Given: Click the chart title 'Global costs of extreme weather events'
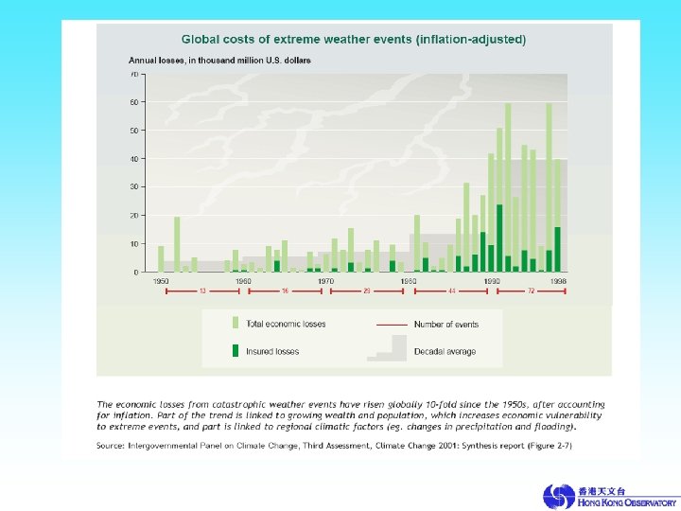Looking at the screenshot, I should click(x=354, y=40).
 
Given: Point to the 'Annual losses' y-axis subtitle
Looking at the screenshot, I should click(x=220, y=60).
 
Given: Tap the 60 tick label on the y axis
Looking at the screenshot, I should click(x=134, y=102).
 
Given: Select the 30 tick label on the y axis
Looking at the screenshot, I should click(x=134, y=187).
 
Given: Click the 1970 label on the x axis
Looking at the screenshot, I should click(x=326, y=281).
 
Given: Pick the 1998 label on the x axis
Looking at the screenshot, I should click(x=558, y=281).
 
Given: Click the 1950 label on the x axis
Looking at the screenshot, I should click(x=161, y=281).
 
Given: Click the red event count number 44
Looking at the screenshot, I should click(x=451, y=291).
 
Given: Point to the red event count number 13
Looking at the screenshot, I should click(x=202, y=291).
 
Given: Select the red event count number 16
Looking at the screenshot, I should click(x=285, y=291).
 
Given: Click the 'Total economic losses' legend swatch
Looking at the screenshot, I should click(x=235, y=324).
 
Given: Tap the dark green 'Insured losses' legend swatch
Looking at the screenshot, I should click(x=235, y=351).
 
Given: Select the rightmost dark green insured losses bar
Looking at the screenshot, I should click(x=557, y=249).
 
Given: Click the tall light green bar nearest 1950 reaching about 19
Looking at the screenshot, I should click(x=177, y=244).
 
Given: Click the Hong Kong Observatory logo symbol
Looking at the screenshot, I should click(x=557, y=496).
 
